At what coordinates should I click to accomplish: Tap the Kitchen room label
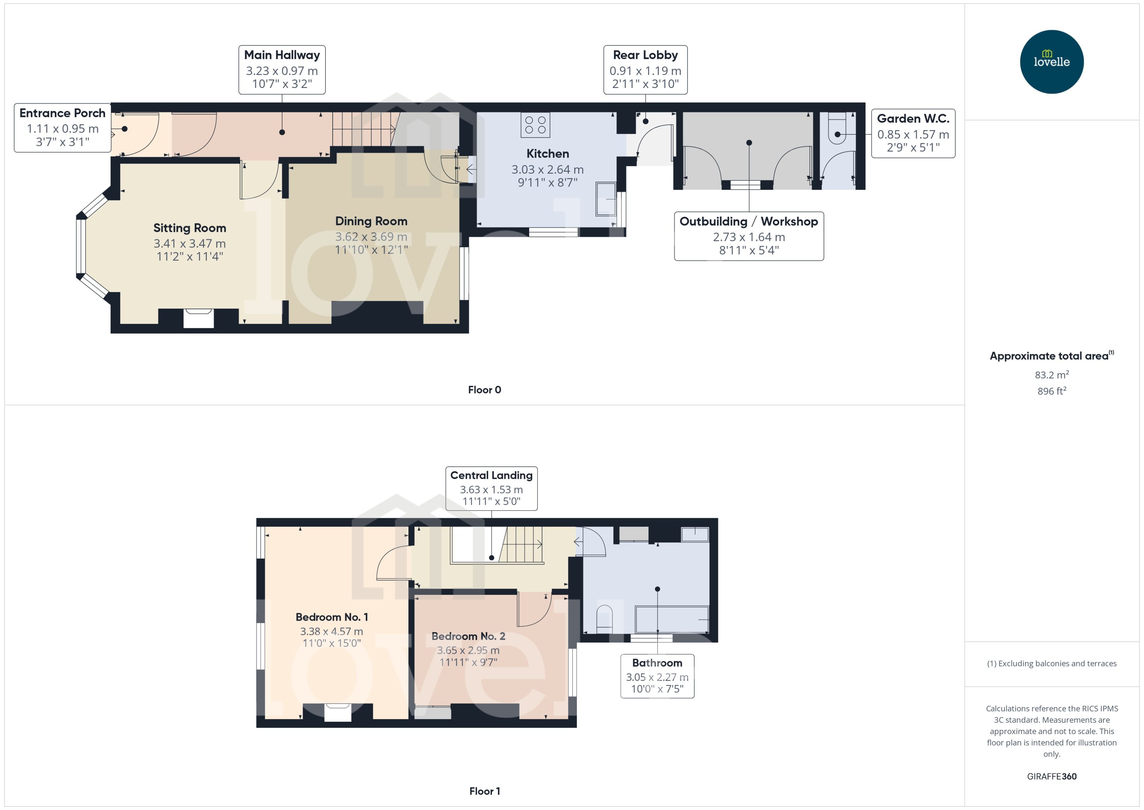click(547, 154)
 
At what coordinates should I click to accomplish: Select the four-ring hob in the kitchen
click(535, 125)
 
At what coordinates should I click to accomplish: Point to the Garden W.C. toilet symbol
click(837, 128)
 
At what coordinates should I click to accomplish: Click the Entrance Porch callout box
click(62, 128)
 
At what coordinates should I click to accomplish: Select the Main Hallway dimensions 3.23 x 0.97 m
click(282, 71)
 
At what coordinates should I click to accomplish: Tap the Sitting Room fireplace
click(198, 318)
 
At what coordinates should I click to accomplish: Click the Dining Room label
click(371, 221)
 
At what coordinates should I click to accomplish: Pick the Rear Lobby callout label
click(645, 55)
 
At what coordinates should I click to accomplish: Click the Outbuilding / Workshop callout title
click(748, 221)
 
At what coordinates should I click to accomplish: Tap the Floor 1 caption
click(484, 791)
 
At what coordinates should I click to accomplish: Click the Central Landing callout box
click(491, 488)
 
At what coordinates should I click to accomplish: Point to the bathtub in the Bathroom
click(671, 619)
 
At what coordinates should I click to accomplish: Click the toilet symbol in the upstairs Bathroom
click(604, 618)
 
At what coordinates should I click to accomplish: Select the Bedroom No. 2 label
click(468, 636)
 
